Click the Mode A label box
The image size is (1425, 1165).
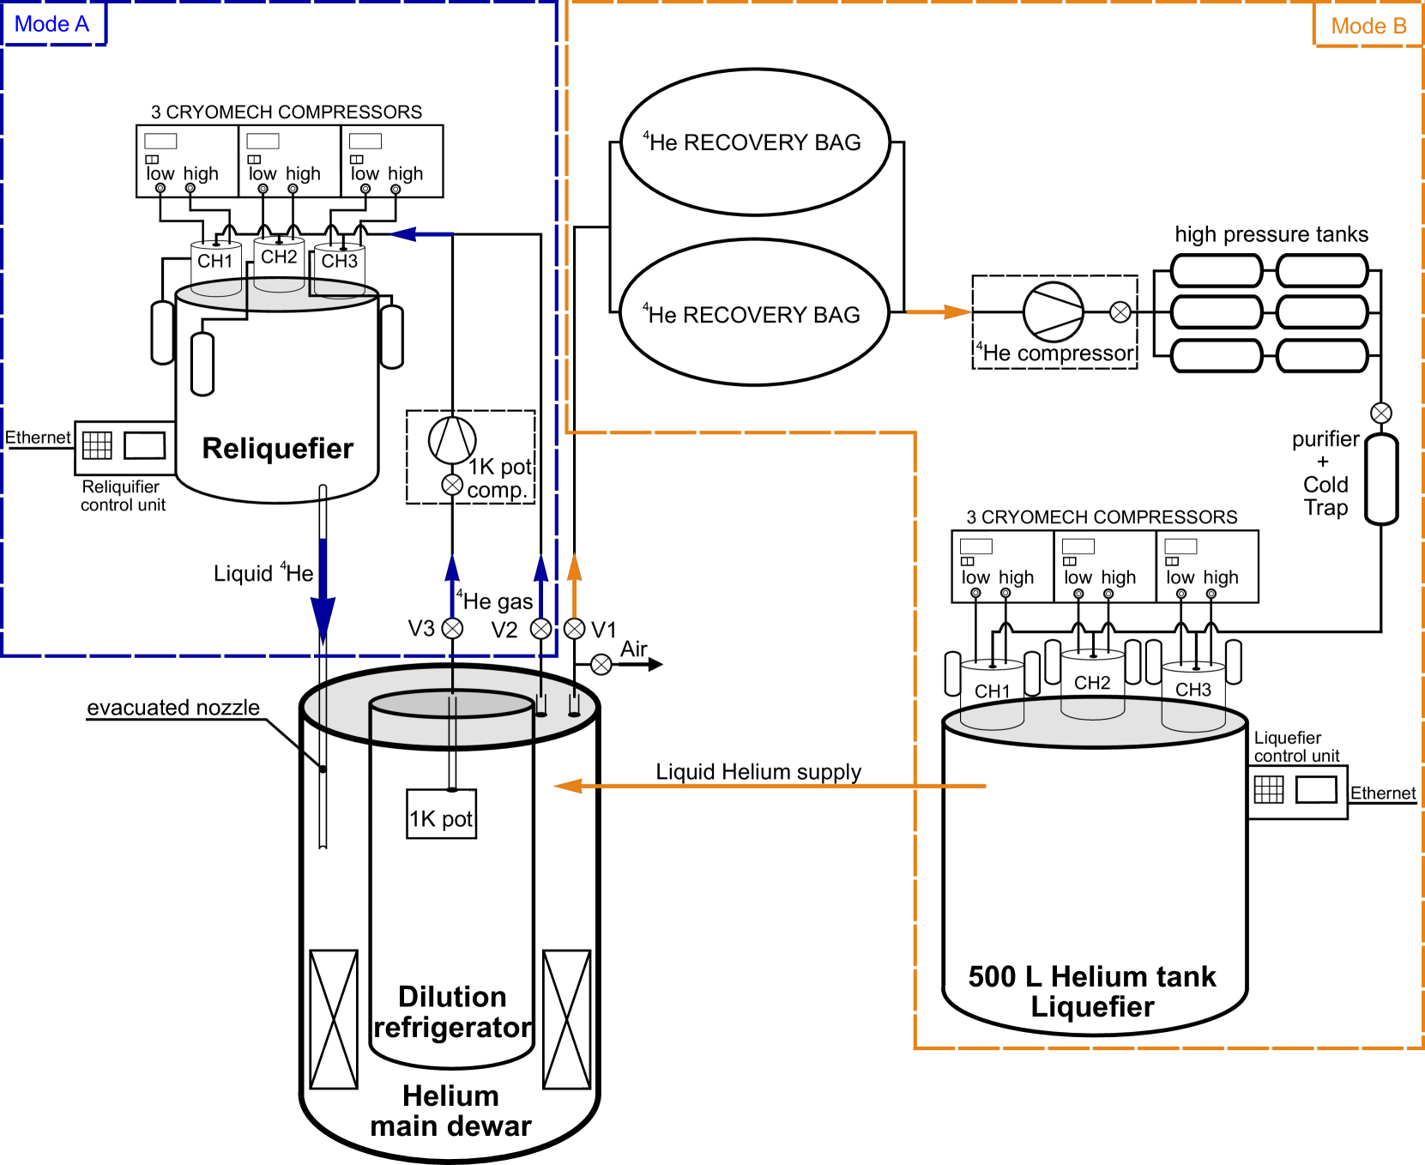pos(53,25)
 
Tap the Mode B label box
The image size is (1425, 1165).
pos(1368,27)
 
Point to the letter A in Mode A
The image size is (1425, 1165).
pos(82,25)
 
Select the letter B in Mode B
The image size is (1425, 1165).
pos(1399,27)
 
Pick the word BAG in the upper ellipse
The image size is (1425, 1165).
pos(837,142)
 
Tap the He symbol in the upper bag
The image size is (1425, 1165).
pos(663,143)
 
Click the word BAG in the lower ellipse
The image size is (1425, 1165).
pos(836,315)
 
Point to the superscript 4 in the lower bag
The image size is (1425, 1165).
pos(645,307)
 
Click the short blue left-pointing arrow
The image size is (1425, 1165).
pos(421,233)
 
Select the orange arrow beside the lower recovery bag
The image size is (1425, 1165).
pos(939,312)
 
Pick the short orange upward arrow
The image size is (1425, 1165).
pos(574,585)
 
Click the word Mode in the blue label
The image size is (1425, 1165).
pos(41,25)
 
